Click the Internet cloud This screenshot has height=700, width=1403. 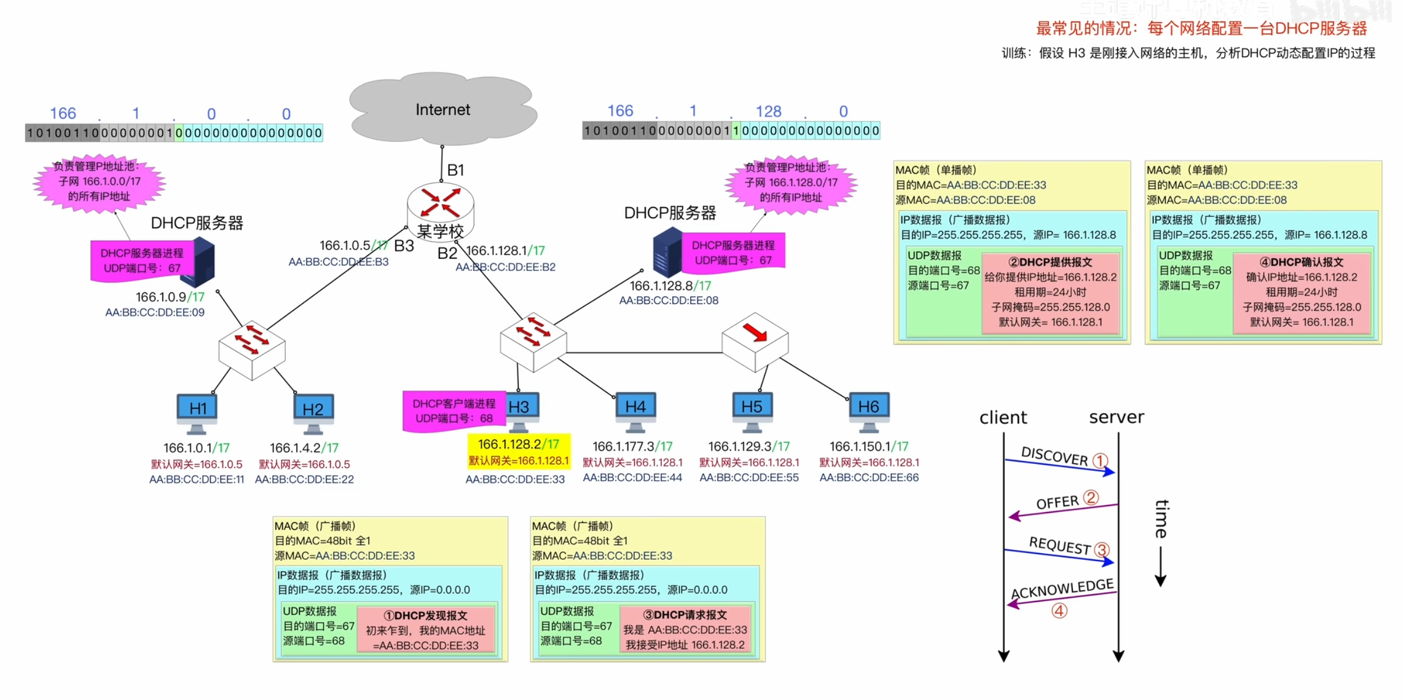442,109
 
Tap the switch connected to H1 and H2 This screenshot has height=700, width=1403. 252,348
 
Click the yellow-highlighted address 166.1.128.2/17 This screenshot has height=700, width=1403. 518,444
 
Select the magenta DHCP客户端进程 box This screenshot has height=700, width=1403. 454,411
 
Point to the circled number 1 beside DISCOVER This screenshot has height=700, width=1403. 1100,460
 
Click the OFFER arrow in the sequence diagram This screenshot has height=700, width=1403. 1063,510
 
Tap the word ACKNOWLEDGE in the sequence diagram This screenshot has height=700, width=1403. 1062,588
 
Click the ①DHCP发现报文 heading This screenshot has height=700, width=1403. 425,615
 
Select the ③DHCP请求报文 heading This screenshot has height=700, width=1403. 685,615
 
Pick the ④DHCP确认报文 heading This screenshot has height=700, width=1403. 1301,262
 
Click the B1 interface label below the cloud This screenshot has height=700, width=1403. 455,170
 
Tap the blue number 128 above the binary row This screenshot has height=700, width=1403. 768,111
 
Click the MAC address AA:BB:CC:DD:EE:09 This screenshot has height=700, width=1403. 155,312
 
